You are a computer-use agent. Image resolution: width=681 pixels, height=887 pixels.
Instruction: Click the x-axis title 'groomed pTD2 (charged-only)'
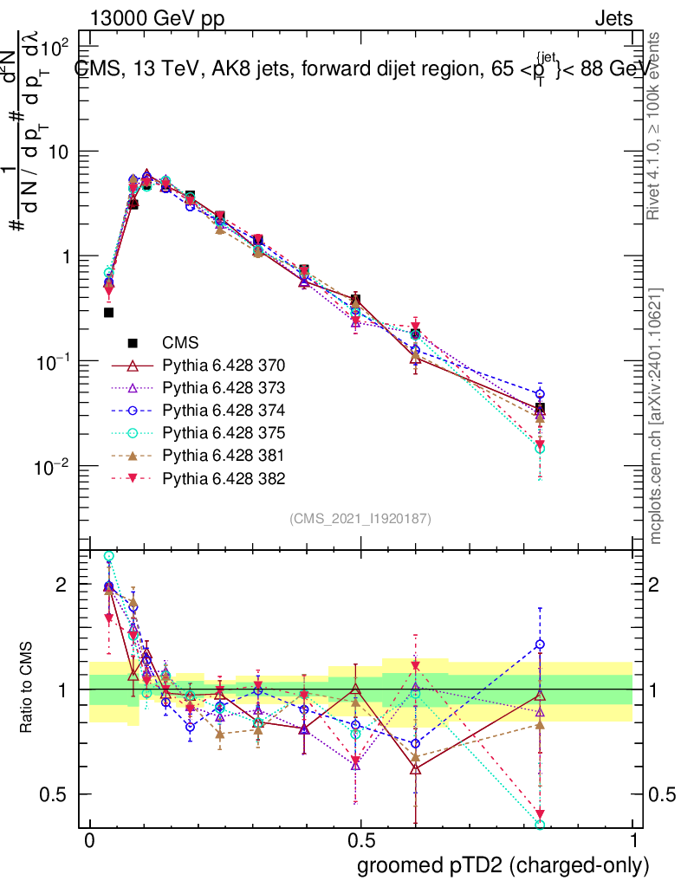[503, 865]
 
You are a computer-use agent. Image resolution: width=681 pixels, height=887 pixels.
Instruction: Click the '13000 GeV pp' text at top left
[156, 18]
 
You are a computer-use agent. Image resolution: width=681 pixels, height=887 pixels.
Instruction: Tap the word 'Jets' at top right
[613, 18]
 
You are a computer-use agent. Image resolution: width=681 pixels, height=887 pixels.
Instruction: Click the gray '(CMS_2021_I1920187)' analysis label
[360, 518]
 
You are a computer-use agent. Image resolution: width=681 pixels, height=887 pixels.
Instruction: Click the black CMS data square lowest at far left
[109, 313]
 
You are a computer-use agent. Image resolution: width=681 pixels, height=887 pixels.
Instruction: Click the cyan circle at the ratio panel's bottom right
[540, 825]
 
